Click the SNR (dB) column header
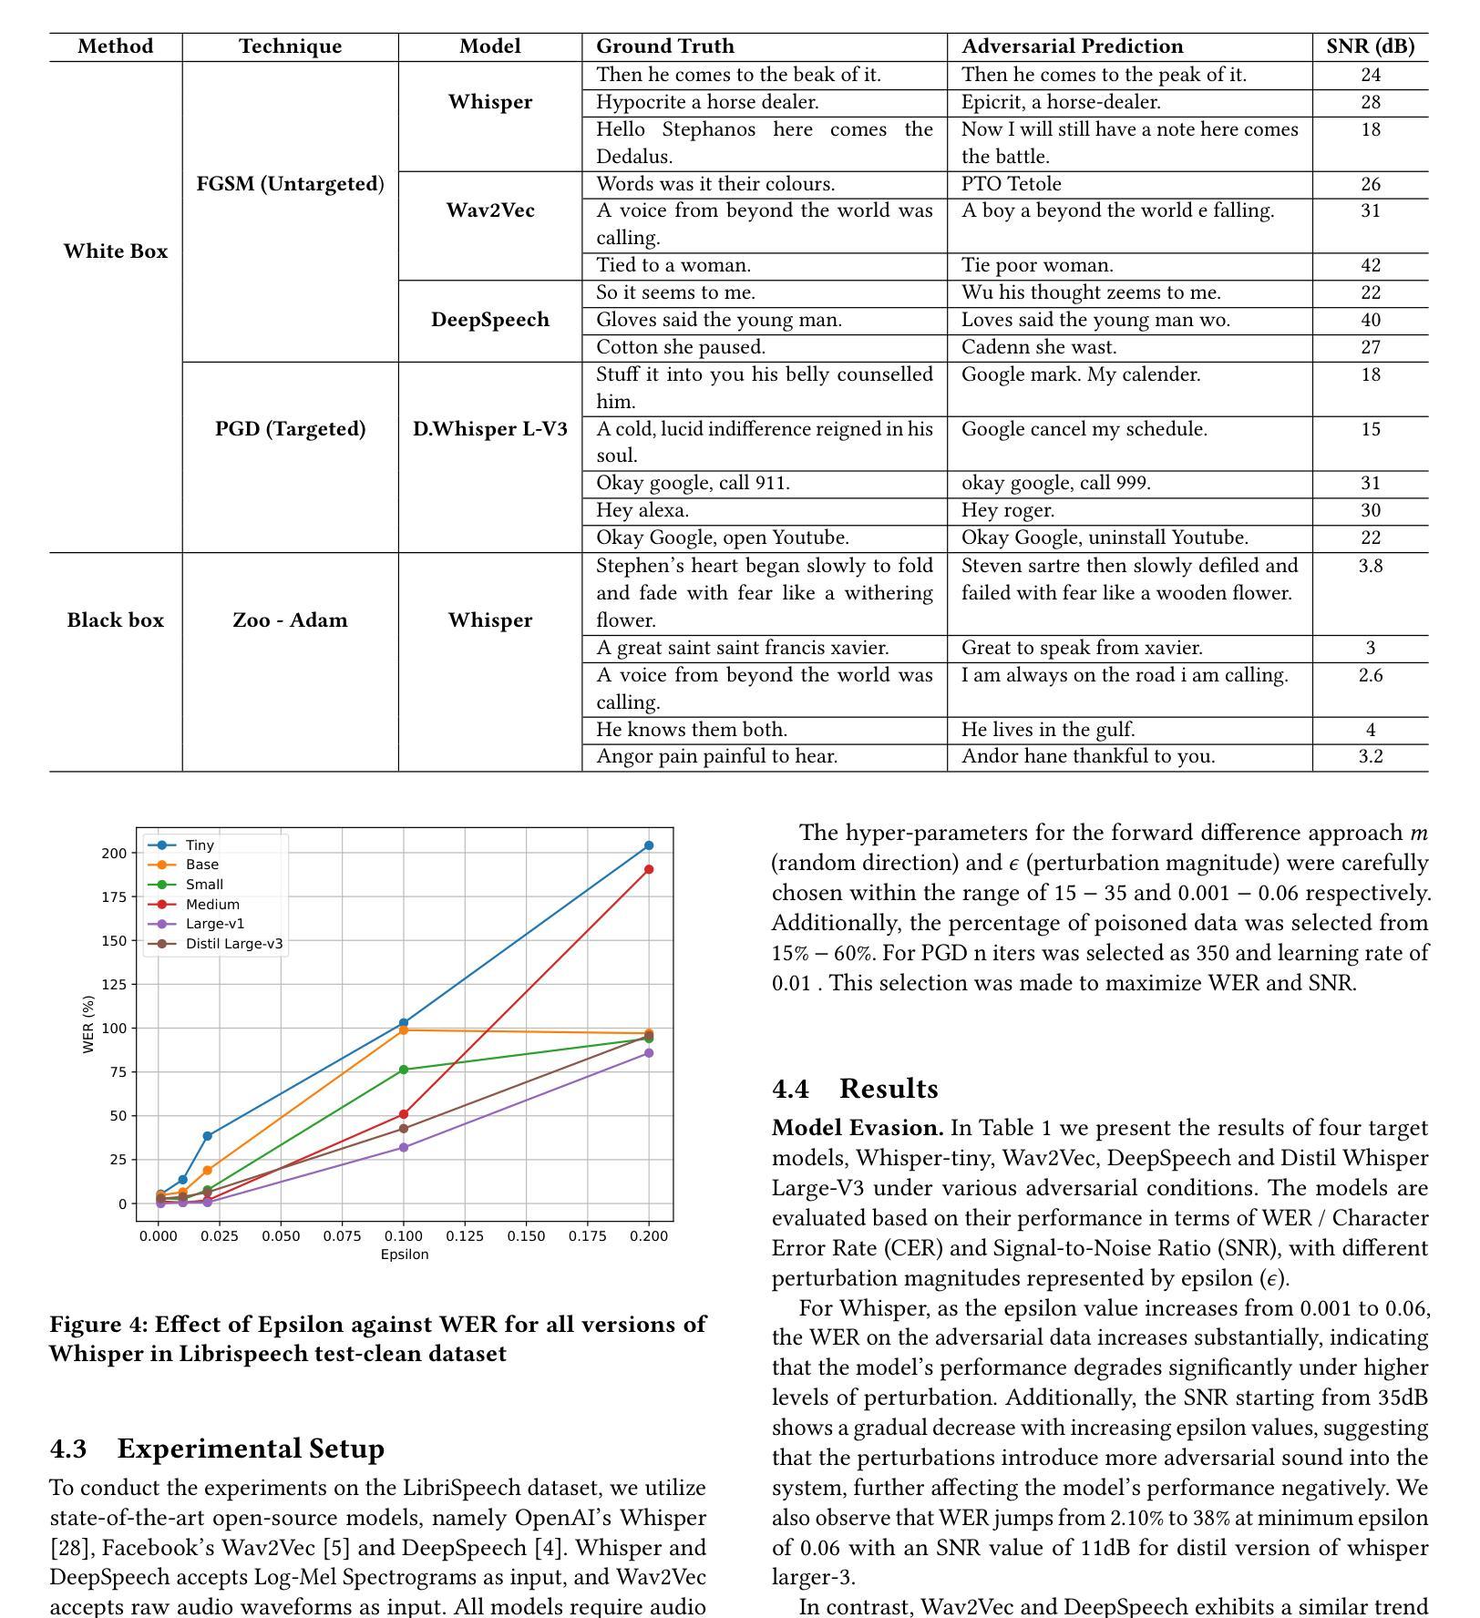click(x=1370, y=46)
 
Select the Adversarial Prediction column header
click(x=1072, y=46)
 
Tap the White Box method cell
click(x=116, y=251)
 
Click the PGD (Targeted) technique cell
click(x=290, y=429)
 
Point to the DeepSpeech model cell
click(x=490, y=320)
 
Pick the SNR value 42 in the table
click(x=1370, y=265)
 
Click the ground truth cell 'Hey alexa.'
click(x=642, y=510)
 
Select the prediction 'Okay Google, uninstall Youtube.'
click(x=1105, y=538)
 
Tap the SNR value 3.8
click(x=1370, y=566)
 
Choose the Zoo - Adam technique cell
click(x=290, y=620)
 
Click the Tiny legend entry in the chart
click(x=199, y=845)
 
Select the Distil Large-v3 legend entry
click(x=233, y=944)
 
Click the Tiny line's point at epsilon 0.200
click(x=649, y=845)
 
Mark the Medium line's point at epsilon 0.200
click(x=649, y=869)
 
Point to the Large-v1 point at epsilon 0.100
click(x=404, y=1148)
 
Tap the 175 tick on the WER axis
click(x=114, y=896)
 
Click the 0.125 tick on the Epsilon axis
click(x=465, y=1236)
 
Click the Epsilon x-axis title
click(x=405, y=1254)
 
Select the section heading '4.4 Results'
click(x=855, y=1089)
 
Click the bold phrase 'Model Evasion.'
click(x=857, y=1128)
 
